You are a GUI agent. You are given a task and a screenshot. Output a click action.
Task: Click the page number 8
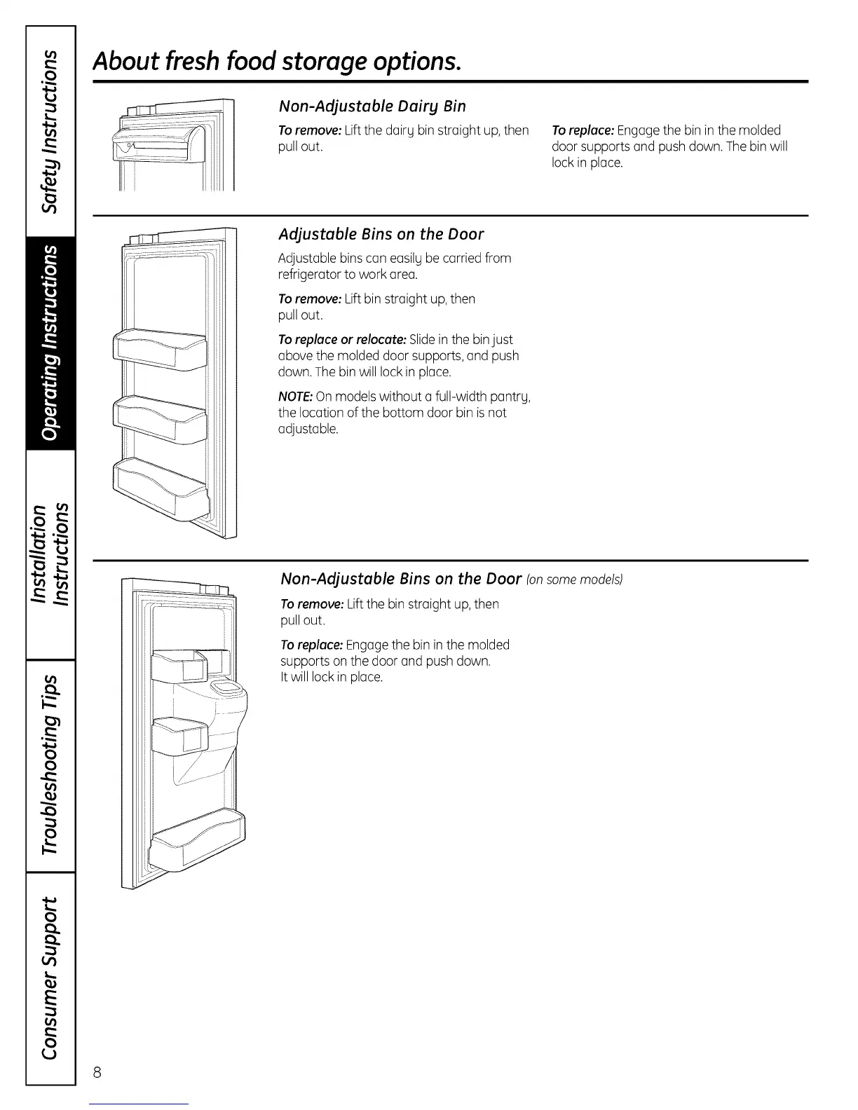(x=97, y=1073)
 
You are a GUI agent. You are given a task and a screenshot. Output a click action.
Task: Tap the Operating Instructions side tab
(x=50, y=343)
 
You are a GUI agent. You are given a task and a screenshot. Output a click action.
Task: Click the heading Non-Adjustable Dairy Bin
(x=372, y=107)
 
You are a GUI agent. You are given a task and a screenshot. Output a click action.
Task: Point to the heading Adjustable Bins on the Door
(x=381, y=234)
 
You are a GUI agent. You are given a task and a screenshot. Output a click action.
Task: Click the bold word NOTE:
(x=295, y=397)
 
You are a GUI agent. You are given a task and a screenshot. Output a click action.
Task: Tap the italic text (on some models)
(x=574, y=580)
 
